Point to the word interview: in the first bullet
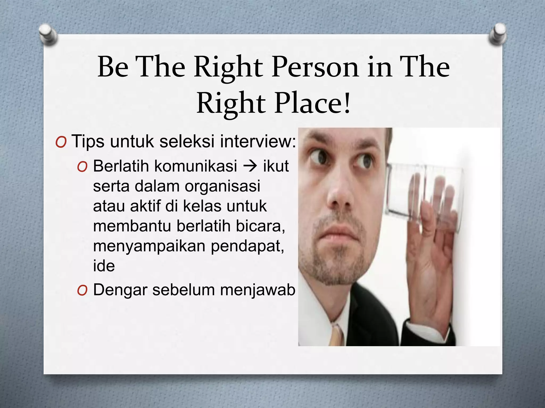tap(258, 141)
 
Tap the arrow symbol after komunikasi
tap(250, 166)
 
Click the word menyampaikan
tap(149, 246)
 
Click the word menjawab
tap(258, 290)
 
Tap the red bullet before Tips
tap(61, 143)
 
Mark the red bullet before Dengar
tap(82, 291)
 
